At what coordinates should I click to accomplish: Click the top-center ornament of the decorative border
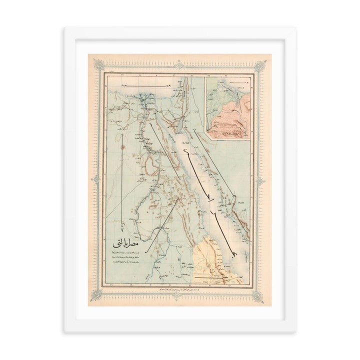(180, 62)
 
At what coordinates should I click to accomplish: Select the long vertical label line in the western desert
(123, 180)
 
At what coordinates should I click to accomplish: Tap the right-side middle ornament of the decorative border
(265, 180)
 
